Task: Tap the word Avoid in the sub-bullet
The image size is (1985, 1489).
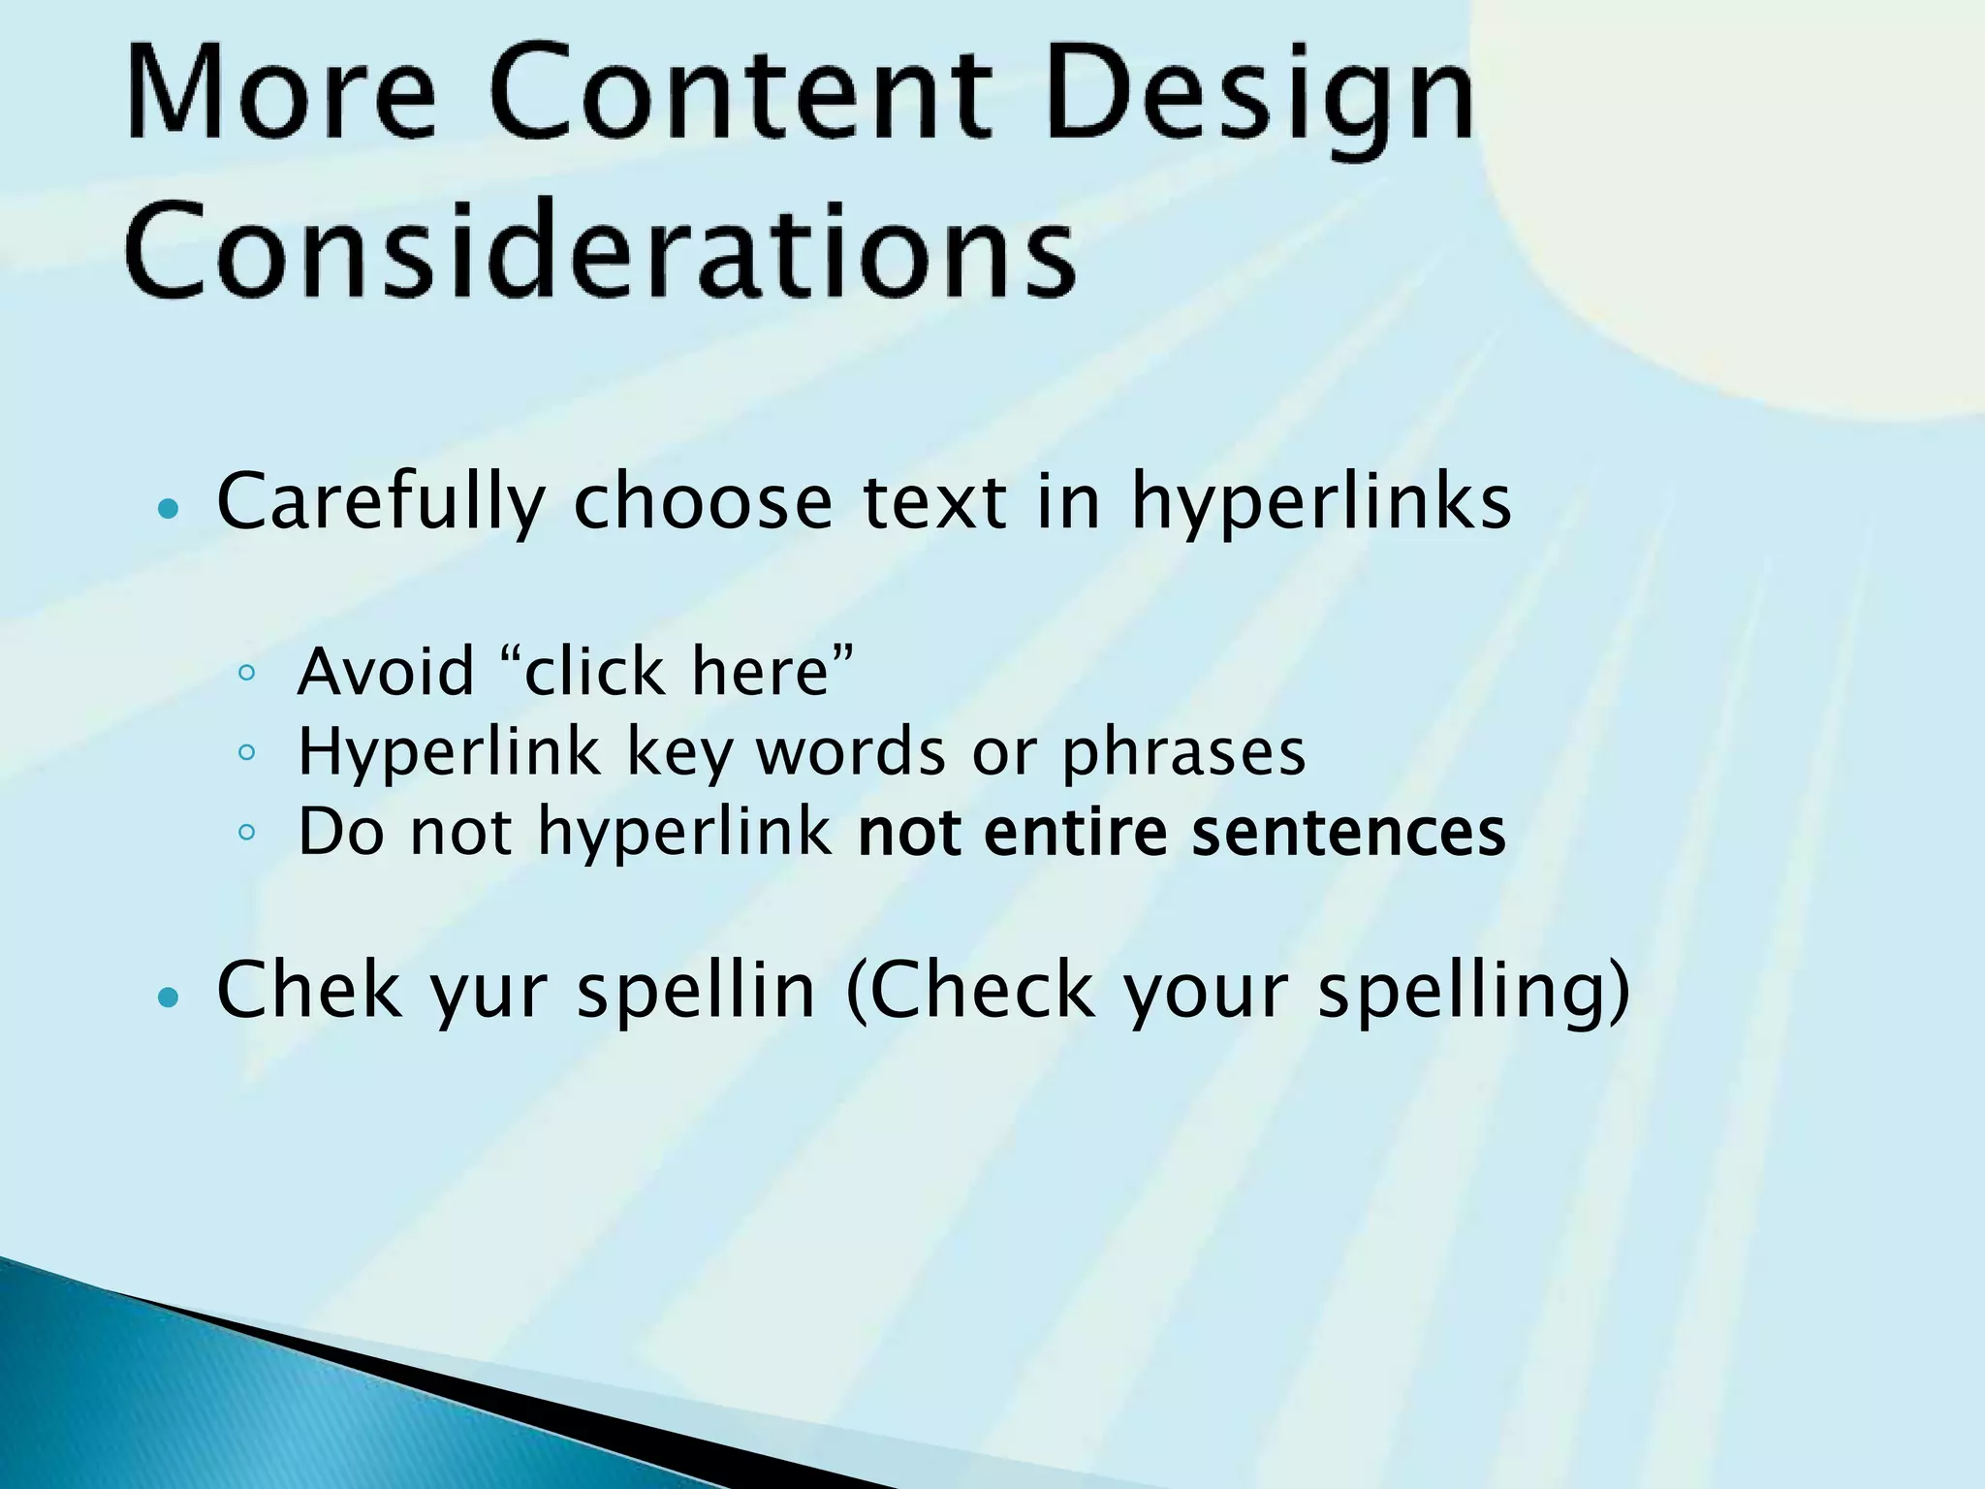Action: pyautogui.click(x=386, y=671)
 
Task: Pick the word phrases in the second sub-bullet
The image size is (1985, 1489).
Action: pyautogui.click(x=1183, y=753)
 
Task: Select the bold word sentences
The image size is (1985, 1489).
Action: pyautogui.click(x=1348, y=833)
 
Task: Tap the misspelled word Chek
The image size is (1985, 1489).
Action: pyautogui.click(x=308, y=991)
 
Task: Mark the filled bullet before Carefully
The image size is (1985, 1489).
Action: pyautogui.click(x=169, y=508)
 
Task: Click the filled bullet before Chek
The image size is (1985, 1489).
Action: pyautogui.click(x=169, y=996)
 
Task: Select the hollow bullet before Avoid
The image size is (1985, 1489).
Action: pyautogui.click(x=246, y=672)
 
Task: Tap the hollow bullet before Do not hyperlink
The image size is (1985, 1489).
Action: pyautogui.click(x=246, y=832)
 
